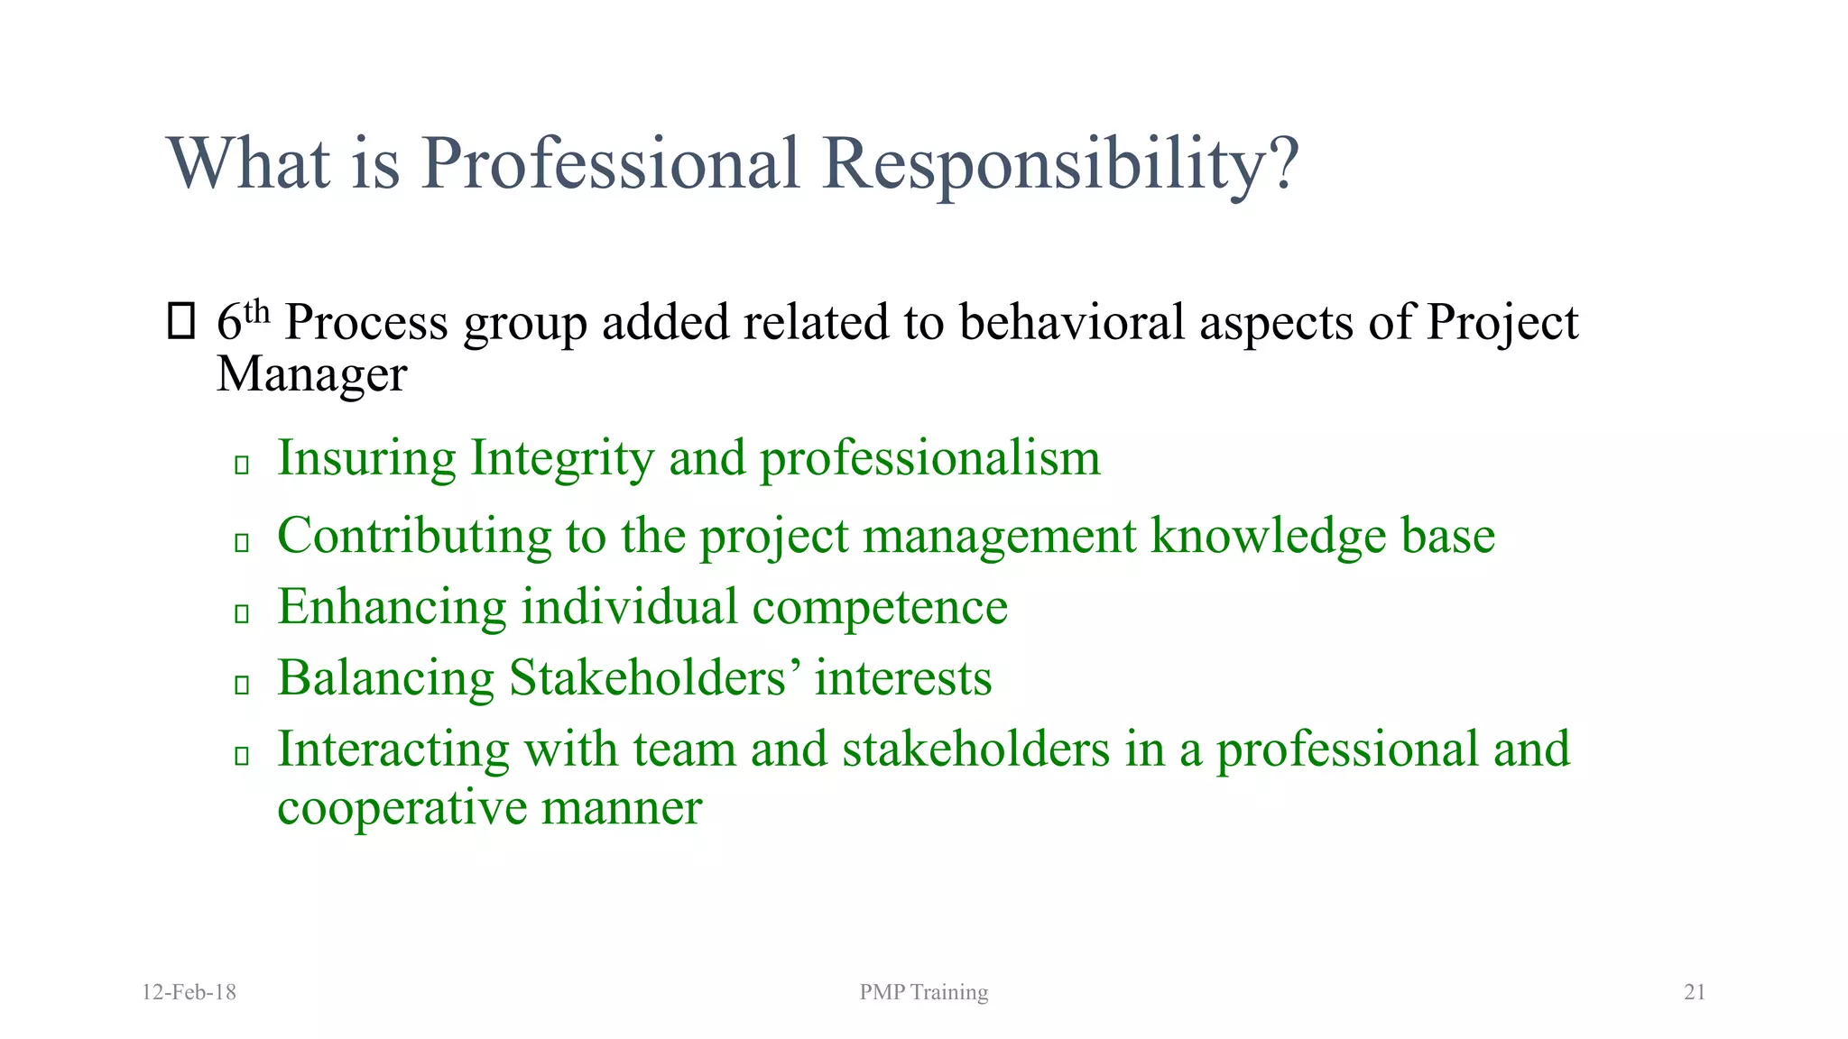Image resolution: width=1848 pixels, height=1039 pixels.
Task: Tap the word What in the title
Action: pos(248,164)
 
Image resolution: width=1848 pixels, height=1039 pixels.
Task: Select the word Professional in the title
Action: pos(610,164)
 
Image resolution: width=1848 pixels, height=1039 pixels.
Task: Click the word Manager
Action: pos(311,373)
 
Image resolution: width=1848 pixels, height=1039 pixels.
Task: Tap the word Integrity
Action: pos(561,458)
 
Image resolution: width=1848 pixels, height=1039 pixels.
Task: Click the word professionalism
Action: pos(929,458)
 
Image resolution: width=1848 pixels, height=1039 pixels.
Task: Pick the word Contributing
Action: pos(414,536)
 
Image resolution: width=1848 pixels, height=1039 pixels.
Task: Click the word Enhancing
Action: pos(392,606)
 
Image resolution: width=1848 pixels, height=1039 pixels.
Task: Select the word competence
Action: pos(880,607)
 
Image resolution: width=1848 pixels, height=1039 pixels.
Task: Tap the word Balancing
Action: pos(385,677)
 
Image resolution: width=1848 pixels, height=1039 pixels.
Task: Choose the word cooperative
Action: pos(402,807)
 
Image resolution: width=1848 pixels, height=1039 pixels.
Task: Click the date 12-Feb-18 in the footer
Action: pos(189,992)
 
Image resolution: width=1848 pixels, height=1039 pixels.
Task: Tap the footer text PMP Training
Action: pos(923,992)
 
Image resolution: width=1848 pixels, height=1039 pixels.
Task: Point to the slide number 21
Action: pos(1695,992)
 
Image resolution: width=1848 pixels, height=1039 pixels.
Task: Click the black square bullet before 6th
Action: pos(181,322)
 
